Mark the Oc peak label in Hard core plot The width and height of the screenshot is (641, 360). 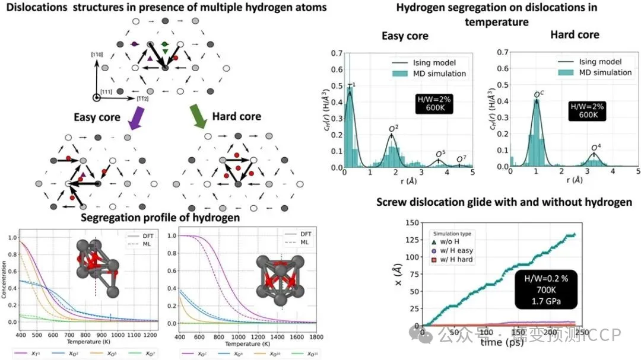pos(539,94)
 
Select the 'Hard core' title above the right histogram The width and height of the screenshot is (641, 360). pos(575,34)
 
